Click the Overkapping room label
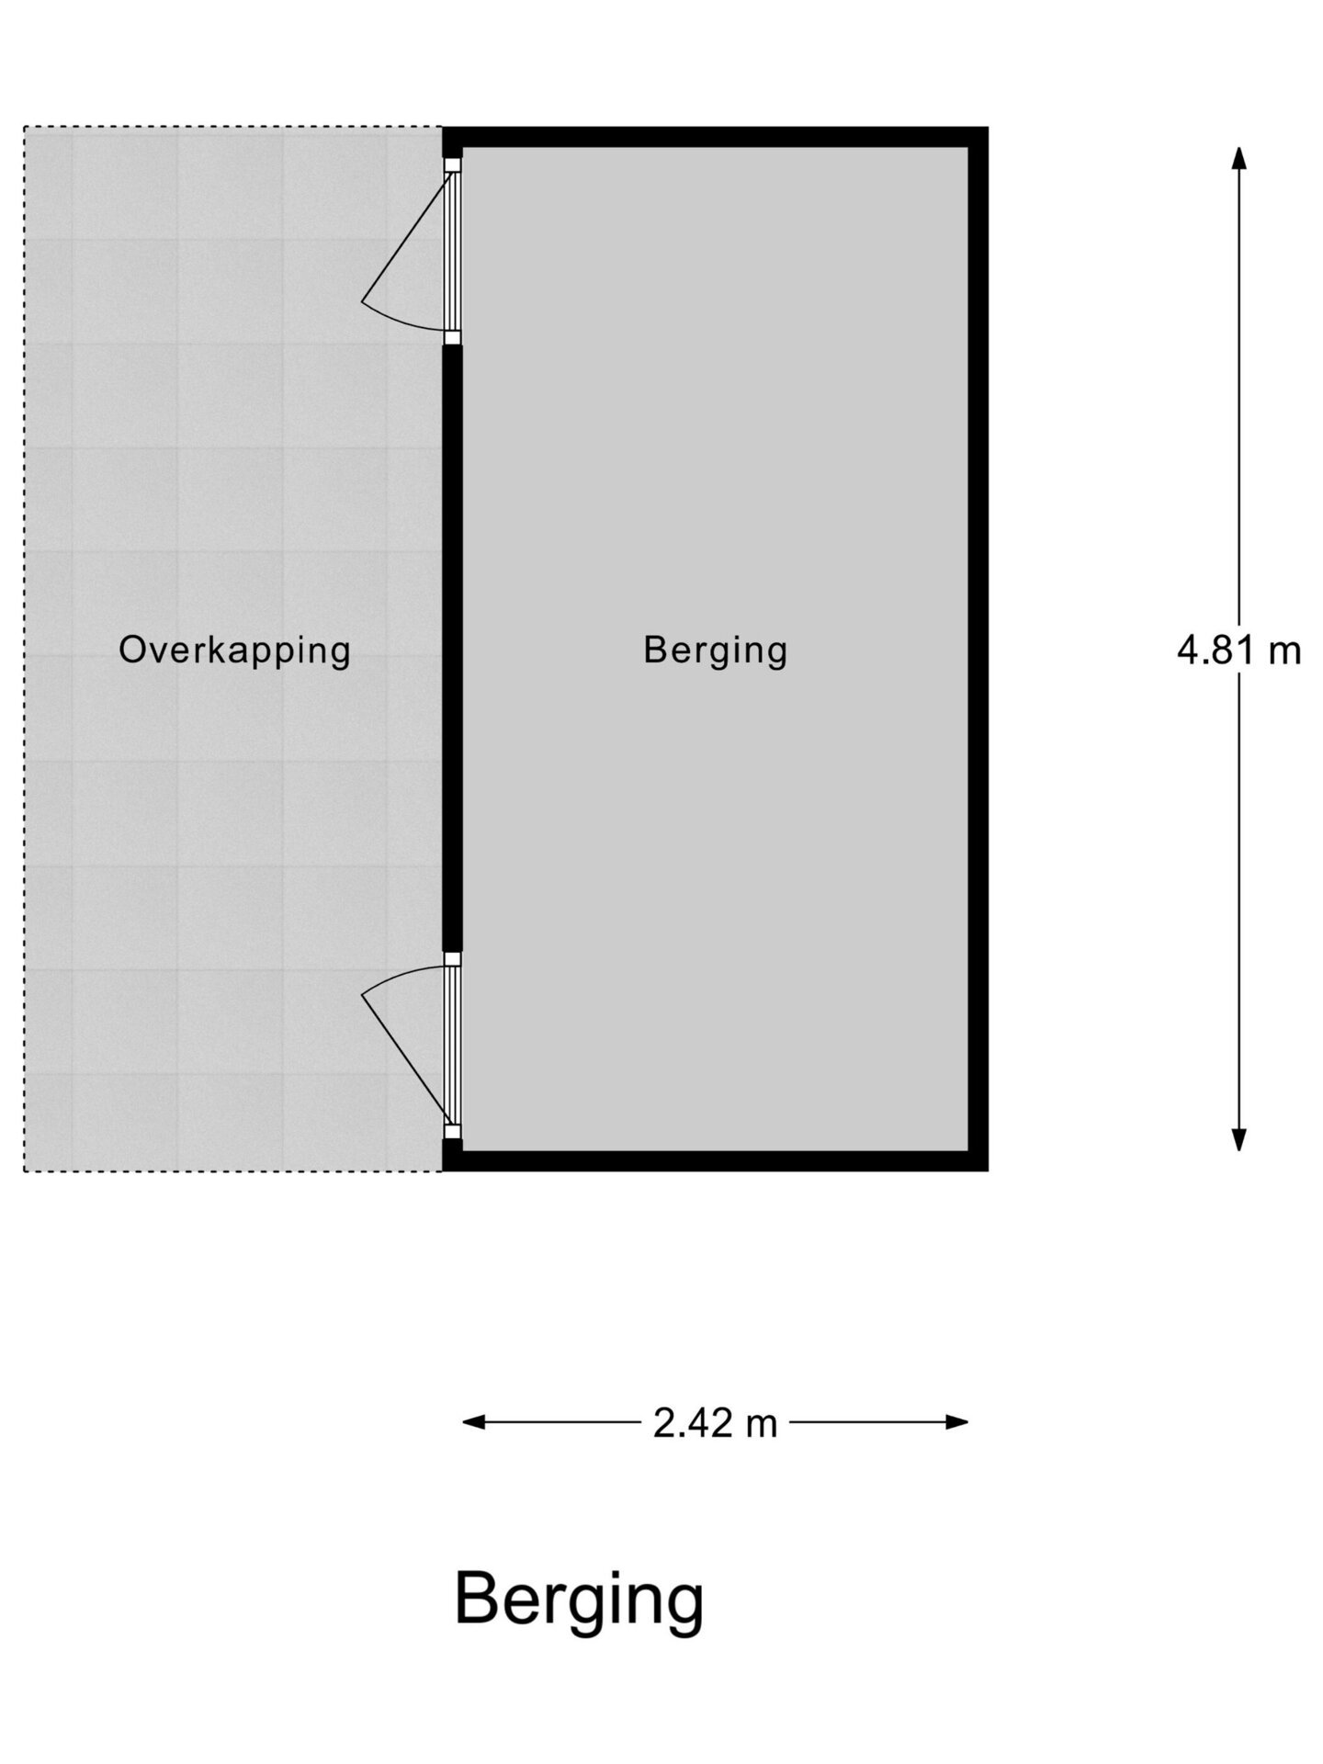point(234,650)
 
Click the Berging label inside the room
point(715,650)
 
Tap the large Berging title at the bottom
point(579,1600)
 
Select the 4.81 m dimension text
point(1238,650)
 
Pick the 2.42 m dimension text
point(715,1423)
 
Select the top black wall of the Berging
point(715,137)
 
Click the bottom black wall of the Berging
point(715,1160)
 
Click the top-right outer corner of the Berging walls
point(987,129)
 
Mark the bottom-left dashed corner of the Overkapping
point(25,1170)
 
